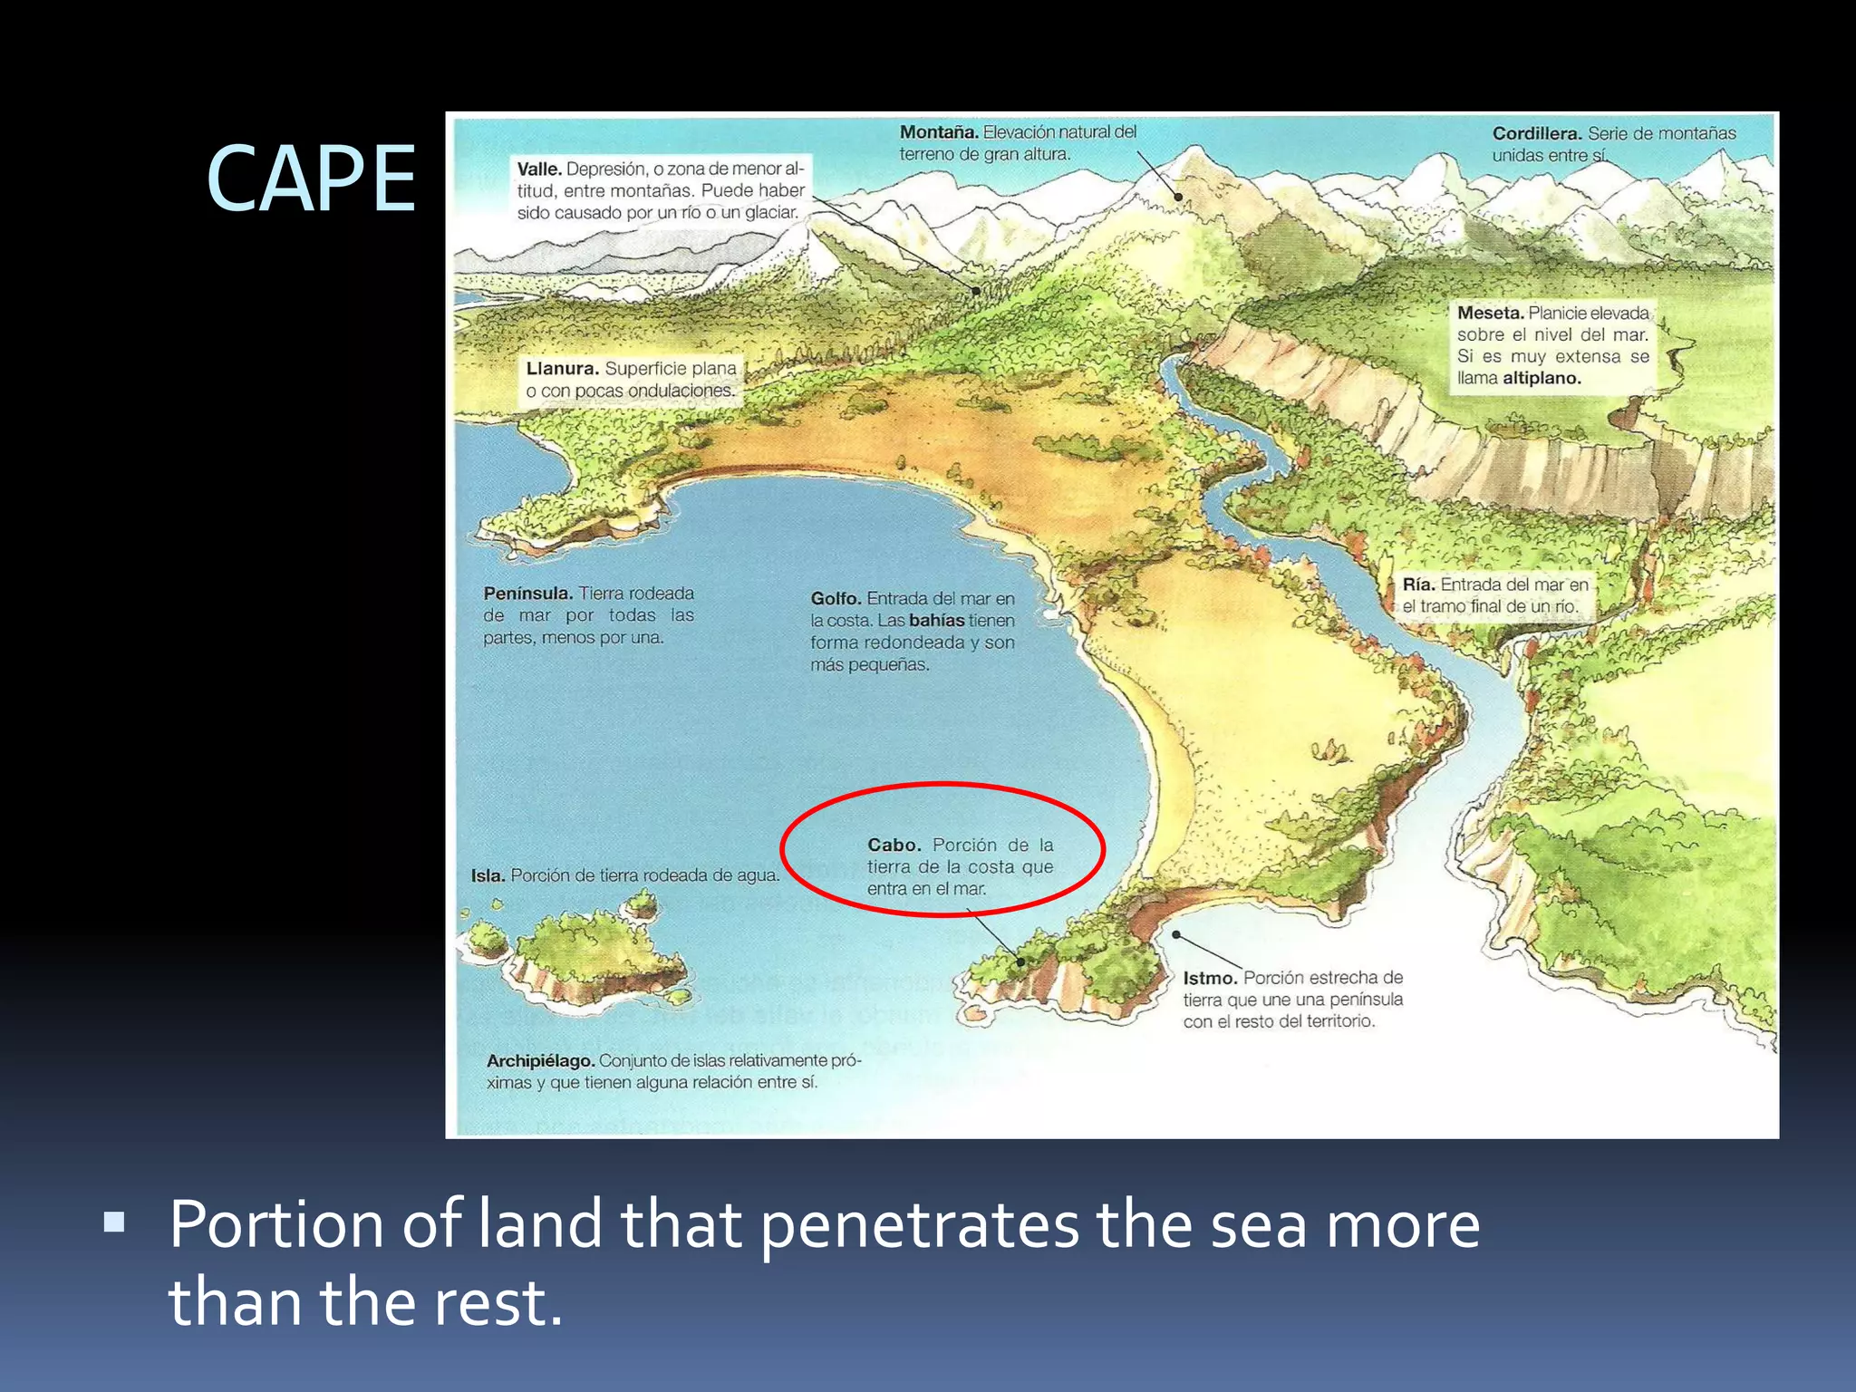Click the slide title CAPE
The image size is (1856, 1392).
(x=311, y=179)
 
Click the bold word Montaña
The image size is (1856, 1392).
(x=938, y=132)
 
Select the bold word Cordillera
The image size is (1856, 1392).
(x=1536, y=134)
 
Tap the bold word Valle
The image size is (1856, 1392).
(x=539, y=169)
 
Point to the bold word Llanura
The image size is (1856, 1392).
(x=562, y=369)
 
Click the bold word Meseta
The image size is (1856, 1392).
(x=1490, y=314)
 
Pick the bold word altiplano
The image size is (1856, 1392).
(x=1542, y=379)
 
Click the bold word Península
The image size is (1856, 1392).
(x=527, y=594)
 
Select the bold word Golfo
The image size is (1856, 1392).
(x=836, y=599)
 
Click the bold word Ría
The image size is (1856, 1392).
(x=1418, y=585)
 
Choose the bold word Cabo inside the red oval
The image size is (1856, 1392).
(x=894, y=845)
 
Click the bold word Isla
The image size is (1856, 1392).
(x=488, y=876)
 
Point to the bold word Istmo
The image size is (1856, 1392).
(x=1210, y=978)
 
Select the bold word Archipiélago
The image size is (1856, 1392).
(x=540, y=1061)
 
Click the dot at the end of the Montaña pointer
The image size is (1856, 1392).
(x=1179, y=196)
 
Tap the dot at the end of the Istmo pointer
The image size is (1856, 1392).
(x=1176, y=934)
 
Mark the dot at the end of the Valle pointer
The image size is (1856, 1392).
(x=976, y=291)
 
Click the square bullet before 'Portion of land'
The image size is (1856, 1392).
(x=114, y=1224)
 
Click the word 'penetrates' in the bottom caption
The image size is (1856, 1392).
(x=919, y=1225)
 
